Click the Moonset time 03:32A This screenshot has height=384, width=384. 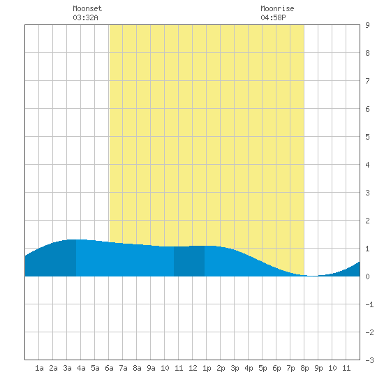pos(85,17)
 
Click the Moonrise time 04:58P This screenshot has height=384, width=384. pos(273,17)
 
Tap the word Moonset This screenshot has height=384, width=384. pos(87,8)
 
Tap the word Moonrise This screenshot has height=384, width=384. pos(277,8)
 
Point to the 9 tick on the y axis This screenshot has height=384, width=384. pos(367,25)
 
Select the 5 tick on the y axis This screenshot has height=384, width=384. pos(367,137)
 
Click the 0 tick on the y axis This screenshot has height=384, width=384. pos(367,276)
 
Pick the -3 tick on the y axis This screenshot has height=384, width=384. pos(370,360)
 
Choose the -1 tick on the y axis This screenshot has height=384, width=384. pos(370,304)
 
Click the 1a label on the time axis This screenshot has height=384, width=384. pos(39,368)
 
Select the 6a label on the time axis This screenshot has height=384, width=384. pos(109,368)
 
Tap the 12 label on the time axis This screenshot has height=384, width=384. pos(193,368)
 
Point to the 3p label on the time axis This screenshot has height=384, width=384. pos(235,368)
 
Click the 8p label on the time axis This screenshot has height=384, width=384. pos(304,368)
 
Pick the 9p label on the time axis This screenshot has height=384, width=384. pos(318,368)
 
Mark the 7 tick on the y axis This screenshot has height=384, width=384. pos(367,81)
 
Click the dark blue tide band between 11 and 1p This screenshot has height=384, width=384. pos(189,261)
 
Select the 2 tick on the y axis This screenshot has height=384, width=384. pos(367,221)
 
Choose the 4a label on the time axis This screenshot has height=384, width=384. pos(81,368)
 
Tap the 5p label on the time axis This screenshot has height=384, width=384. pos(263,368)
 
